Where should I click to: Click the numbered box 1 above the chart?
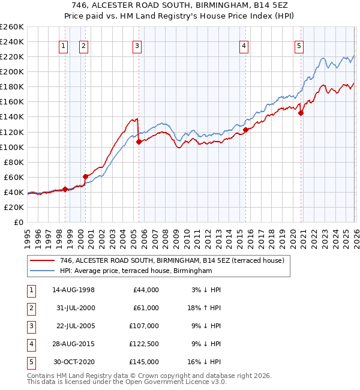[64, 46]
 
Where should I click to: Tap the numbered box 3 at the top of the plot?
[137, 46]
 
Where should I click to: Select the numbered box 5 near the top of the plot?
[299, 46]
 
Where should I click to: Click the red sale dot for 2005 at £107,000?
[139, 142]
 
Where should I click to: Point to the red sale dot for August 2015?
[245, 130]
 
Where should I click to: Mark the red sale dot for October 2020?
[301, 113]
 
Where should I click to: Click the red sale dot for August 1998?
[65, 189]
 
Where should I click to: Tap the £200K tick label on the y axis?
[11, 71]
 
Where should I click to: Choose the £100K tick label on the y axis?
[11, 147]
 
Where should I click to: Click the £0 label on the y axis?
[18, 222]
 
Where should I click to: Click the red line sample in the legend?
[41, 260]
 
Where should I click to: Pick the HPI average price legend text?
[136, 271]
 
